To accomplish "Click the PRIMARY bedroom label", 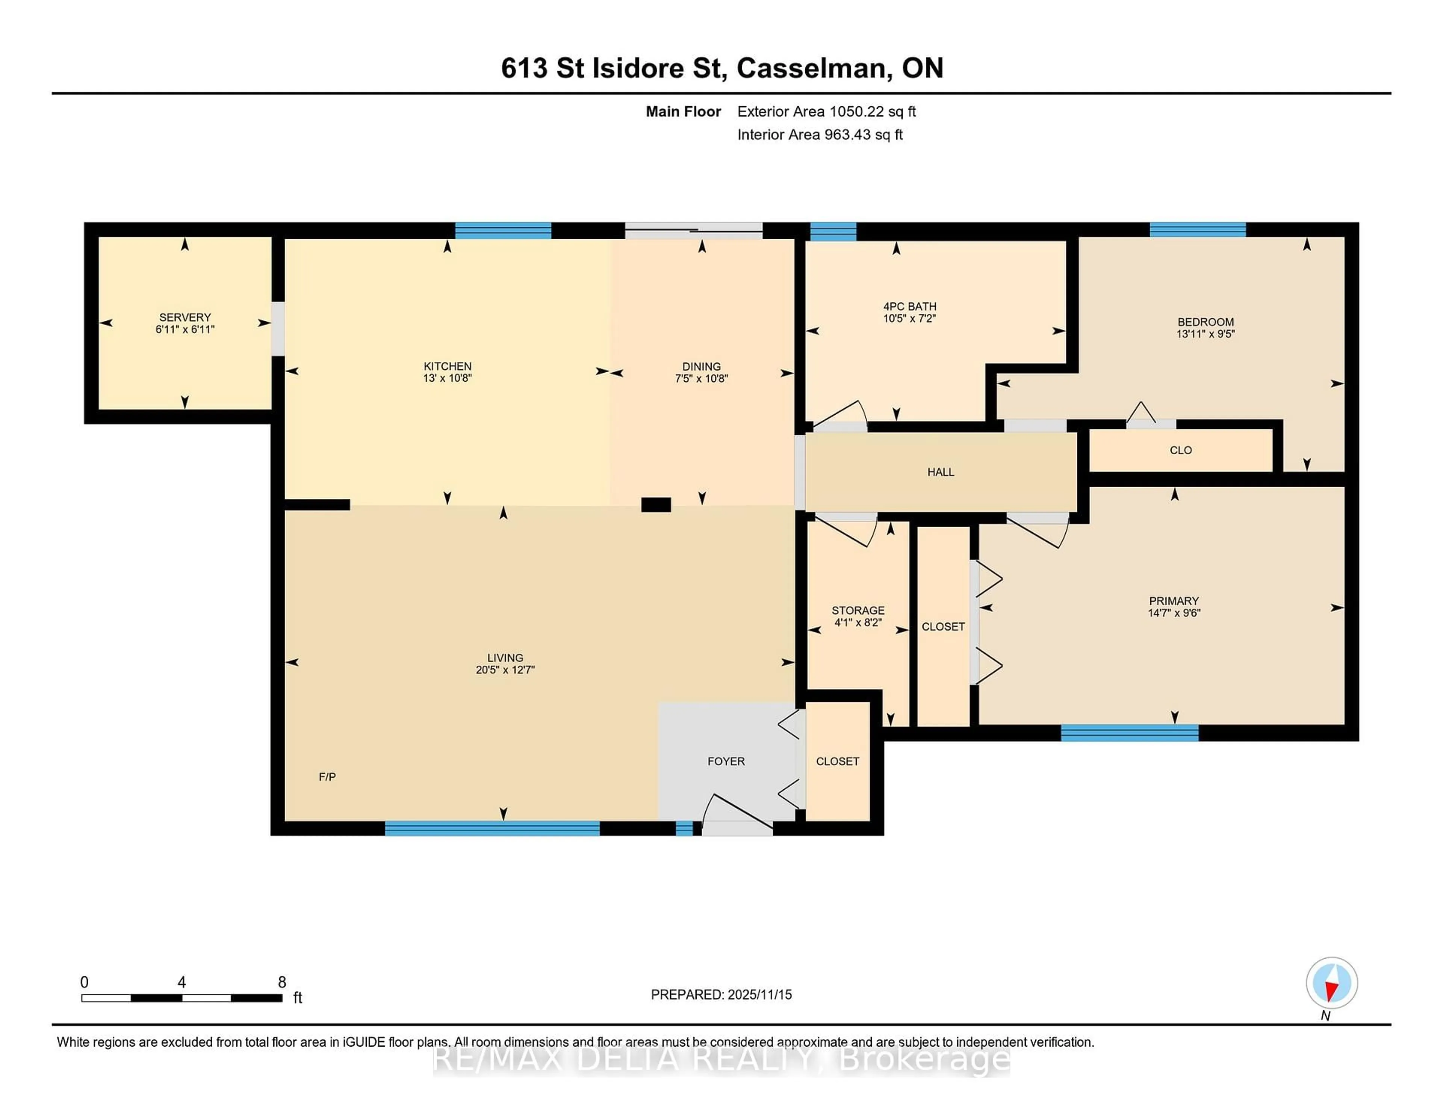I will tap(1174, 601).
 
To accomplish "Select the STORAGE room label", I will tap(858, 610).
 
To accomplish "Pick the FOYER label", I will tap(726, 761).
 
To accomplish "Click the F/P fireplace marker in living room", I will tap(327, 777).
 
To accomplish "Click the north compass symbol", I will tap(1331, 983).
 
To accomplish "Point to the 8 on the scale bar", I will tap(282, 982).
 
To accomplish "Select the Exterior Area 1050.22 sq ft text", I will tap(826, 112).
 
